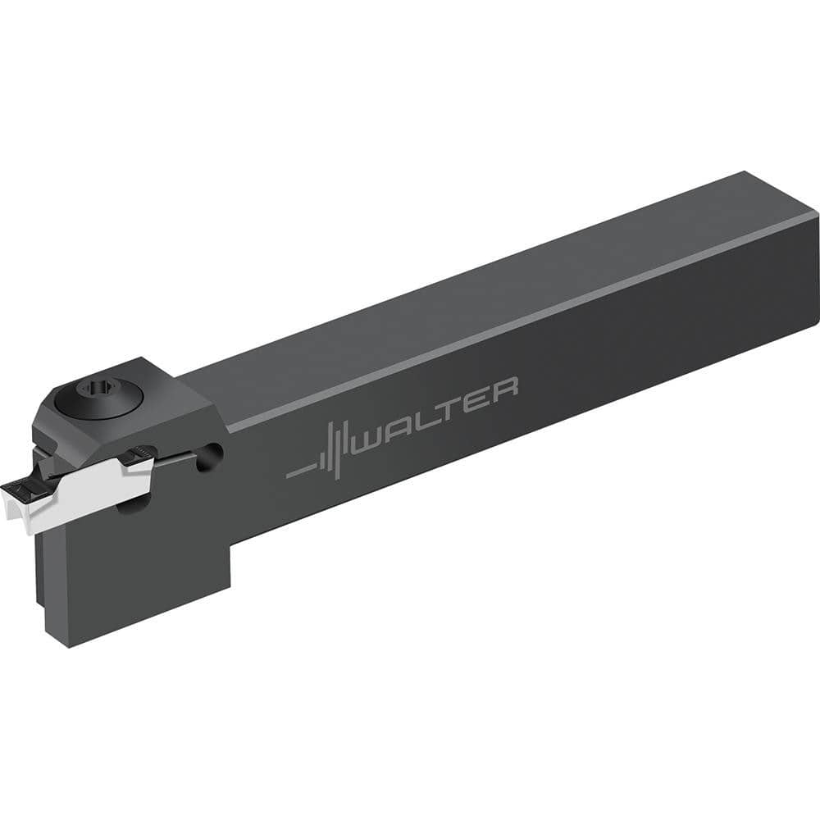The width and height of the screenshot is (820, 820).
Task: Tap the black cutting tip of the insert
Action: [18, 493]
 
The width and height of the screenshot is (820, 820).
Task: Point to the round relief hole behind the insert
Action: [213, 453]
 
